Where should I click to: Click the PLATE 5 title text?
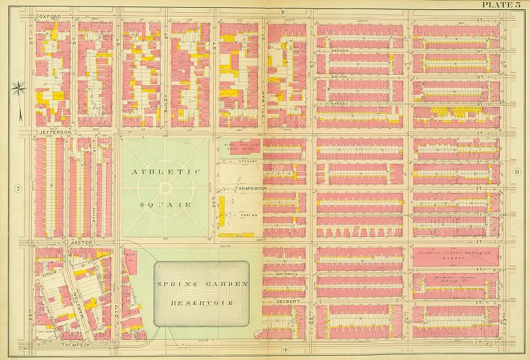click(501, 5)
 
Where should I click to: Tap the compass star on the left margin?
click(19, 89)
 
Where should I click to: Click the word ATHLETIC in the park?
click(165, 172)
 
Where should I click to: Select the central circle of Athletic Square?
click(165, 189)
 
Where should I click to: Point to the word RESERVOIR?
click(202, 301)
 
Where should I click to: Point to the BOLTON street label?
click(341, 76)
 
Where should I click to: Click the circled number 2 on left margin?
click(19, 189)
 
